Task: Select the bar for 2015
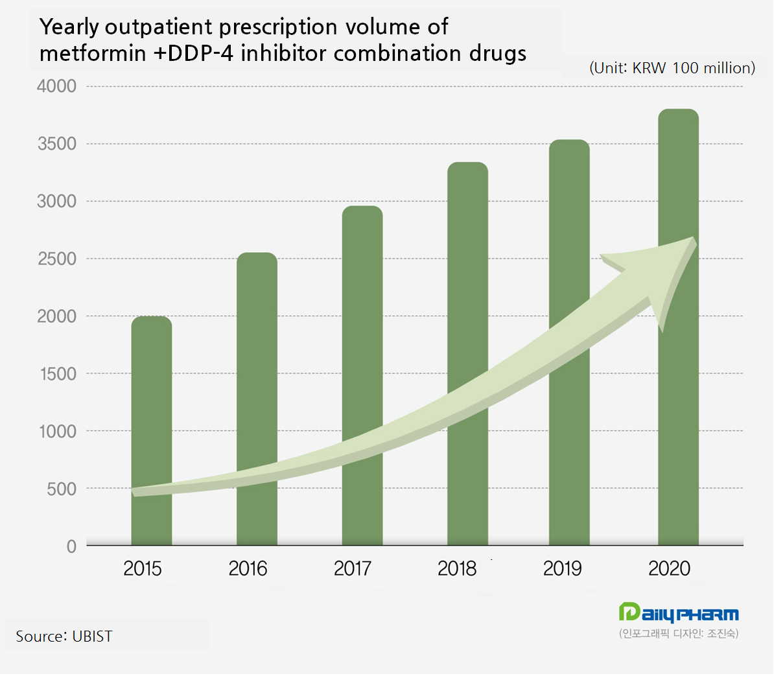coord(152,402)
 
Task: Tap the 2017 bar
coord(362,337)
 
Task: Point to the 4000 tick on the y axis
coord(56,86)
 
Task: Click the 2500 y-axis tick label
coord(56,259)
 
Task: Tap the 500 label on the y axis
coord(62,489)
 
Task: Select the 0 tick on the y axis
coord(71,546)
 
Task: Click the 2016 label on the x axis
coord(248,569)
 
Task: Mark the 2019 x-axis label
coord(562,569)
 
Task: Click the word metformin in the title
coord(93,53)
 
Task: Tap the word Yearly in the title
coord(69,27)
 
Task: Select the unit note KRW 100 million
coord(672,68)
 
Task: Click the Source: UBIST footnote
coord(64,636)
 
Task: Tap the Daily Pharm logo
coord(679,613)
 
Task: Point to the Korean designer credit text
coord(679,633)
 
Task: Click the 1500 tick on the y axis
coord(56,374)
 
